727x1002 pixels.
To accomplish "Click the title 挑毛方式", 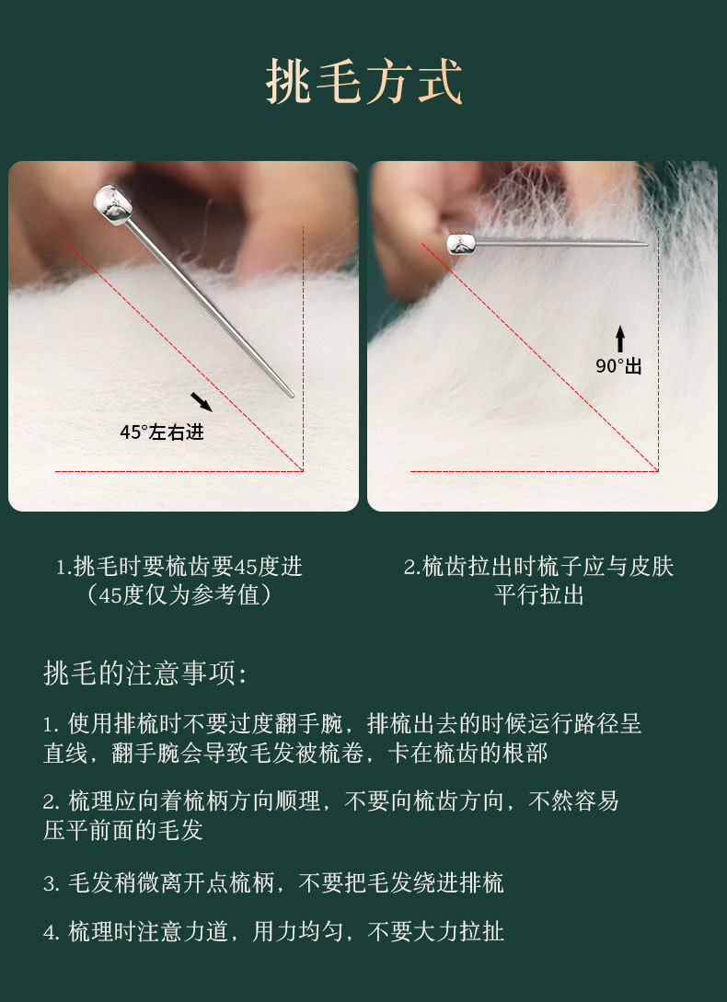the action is click(x=363, y=82).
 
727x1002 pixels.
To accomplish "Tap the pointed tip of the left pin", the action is click(x=293, y=397).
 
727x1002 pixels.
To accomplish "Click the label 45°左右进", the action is click(x=162, y=432).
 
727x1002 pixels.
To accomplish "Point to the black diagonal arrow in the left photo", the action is click(x=202, y=402).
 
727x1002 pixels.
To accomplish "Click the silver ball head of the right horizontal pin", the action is click(x=461, y=244).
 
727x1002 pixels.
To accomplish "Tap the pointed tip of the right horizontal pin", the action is click(x=647, y=244).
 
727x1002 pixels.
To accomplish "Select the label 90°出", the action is click(x=618, y=366).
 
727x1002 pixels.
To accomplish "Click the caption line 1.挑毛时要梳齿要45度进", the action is click(x=179, y=566).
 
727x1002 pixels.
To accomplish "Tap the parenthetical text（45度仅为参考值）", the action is click(x=179, y=595).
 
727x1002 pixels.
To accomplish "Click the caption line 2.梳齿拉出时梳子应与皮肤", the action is click(x=538, y=566).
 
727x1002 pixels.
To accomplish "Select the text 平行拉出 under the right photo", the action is click(x=538, y=595).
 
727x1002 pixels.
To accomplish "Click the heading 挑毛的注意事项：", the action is click(x=145, y=674).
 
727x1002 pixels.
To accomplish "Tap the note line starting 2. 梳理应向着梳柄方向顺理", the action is click(x=330, y=801).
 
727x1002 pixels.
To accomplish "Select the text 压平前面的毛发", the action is click(x=122, y=830).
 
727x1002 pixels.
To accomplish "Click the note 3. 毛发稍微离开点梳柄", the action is click(x=273, y=883).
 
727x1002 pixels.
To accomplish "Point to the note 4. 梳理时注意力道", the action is click(x=273, y=932).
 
